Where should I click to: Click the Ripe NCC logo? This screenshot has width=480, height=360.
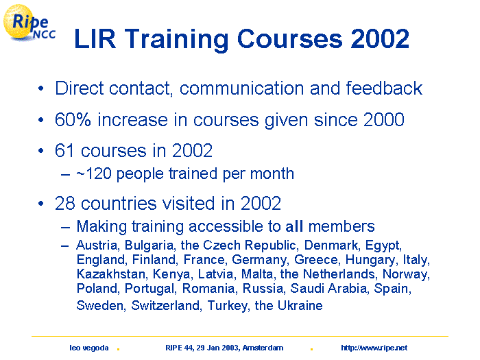(x=29, y=23)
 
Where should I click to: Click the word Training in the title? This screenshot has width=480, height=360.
(x=177, y=40)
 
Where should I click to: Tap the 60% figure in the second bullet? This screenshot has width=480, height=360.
(x=73, y=119)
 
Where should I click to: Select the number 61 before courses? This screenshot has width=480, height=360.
(x=64, y=151)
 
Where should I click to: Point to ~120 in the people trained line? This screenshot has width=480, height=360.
(x=94, y=173)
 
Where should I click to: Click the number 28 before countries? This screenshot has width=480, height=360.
(x=65, y=203)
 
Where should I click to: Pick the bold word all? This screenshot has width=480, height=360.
(x=294, y=226)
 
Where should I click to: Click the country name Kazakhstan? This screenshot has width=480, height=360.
(x=111, y=274)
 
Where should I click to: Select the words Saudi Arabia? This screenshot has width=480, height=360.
(x=329, y=289)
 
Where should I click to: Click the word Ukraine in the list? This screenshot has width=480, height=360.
(x=300, y=306)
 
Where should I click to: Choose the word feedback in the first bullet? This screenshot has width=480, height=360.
(x=384, y=88)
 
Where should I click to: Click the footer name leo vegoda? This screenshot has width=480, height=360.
(x=88, y=348)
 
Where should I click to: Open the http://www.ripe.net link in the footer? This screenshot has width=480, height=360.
(x=374, y=348)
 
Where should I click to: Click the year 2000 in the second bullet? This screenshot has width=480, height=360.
(x=384, y=119)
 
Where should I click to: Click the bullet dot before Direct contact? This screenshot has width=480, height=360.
(x=41, y=88)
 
